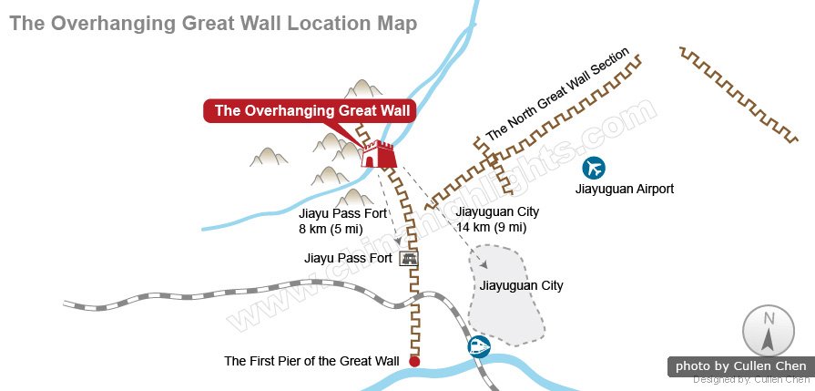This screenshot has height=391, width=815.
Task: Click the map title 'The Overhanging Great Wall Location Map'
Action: pyautogui.click(x=214, y=23)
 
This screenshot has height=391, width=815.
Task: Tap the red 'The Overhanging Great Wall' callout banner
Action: pyautogui.click(x=311, y=111)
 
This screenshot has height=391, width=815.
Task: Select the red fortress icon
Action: pyautogui.click(x=377, y=154)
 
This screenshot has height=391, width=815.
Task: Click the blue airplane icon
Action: pyautogui.click(x=595, y=168)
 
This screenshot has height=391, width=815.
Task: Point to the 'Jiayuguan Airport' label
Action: pyautogui.click(x=625, y=190)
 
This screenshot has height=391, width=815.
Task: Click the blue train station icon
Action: pyautogui.click(x=478, y=346)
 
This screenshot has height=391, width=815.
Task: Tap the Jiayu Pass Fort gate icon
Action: pyautogui.click(x=409, y=259)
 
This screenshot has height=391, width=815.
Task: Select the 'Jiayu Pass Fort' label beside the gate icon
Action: pyautogui.click(x=348, y=259)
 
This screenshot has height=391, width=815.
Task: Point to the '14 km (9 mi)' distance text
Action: pyautogui.click(x=492, y=227)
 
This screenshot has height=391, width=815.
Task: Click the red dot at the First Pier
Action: pyautogui.click(x=414, y=362)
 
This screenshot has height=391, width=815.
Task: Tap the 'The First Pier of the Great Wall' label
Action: pyautogui.click(x=311, y=362)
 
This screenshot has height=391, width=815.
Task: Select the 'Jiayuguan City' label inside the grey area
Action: pyautogui.click(x=521, y=285)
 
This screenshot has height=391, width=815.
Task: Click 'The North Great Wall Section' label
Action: pyautogui.click(x=557, y=95)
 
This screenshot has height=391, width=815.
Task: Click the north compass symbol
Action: pyautogui.click(x=767, y=331)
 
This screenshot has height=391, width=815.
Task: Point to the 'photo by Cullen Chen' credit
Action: pyautogui.click(x=740, y=366)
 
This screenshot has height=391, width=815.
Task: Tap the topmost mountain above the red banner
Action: pyautogui.click(x=366, y=88)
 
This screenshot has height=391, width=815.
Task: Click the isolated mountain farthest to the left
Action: pyautogui.click(x=269, y=157)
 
